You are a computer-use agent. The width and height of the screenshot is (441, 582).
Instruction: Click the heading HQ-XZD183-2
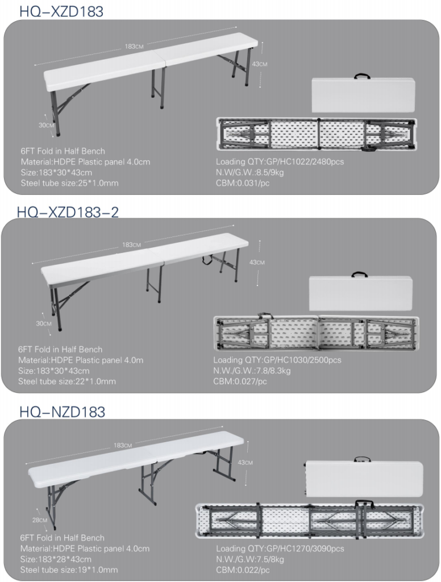(68, 212)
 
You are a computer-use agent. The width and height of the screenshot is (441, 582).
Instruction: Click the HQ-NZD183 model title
(63, 411)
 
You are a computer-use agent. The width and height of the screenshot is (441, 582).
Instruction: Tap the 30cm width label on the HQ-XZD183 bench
(47, 125)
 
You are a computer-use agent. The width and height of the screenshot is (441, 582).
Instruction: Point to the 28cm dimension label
(40, 520)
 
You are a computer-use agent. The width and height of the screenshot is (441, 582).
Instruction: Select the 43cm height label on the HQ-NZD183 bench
(245, 463)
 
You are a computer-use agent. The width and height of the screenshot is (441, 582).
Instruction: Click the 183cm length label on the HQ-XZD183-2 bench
(131, 244)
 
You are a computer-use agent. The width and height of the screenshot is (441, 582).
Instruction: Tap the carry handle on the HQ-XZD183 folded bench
(362, 76)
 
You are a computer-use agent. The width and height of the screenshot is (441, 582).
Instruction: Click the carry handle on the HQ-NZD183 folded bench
(362, 459)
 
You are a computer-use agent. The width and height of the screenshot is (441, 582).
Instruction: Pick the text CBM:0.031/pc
(243, 183)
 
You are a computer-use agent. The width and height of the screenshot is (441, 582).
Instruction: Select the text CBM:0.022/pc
(243, 569)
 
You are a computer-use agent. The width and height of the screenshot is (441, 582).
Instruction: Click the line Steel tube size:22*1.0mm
(67, 381)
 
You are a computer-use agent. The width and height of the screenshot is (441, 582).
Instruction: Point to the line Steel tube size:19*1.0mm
(69, 569)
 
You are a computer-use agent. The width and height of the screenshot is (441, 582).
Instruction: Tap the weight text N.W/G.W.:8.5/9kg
(250, 172)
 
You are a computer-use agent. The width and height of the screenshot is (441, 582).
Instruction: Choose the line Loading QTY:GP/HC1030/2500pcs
(277, 360)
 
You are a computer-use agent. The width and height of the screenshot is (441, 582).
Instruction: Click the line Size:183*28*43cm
(56, 559)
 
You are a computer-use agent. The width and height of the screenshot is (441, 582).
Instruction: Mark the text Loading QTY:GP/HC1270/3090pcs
(280, 548)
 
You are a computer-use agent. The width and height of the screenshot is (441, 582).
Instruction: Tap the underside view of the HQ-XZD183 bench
(317, 134)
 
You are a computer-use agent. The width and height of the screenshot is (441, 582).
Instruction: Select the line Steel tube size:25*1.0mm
(69, 183)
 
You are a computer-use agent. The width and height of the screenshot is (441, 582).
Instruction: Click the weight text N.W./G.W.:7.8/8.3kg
(252, 371)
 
